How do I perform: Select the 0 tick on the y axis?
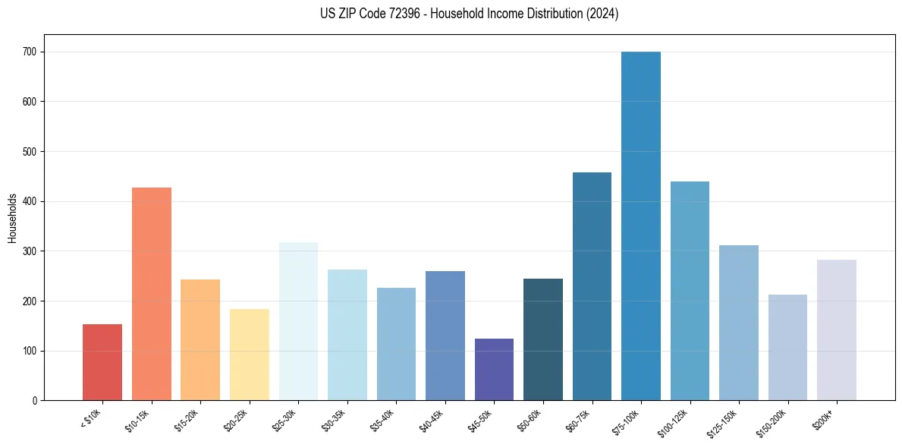[36, 400]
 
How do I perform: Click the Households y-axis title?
[12, 218]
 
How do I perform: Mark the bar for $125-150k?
[739, 323]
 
